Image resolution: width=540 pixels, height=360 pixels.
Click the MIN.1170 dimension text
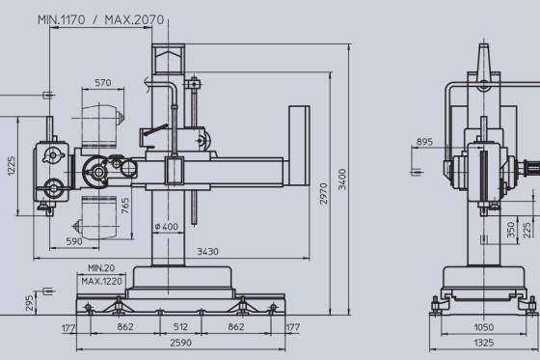(x=61, y=19)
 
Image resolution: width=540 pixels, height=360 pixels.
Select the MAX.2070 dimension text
(x=134, y=19)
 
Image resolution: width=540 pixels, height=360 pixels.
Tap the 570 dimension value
(x=103, y=83)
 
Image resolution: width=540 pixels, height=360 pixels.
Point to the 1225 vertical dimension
(x=12, y=166)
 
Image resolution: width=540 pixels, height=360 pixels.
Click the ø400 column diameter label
(x=166, y=227)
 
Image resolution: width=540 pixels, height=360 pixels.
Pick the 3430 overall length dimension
(x=207, y=251)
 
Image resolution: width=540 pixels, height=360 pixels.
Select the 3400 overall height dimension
(x=342, y=179)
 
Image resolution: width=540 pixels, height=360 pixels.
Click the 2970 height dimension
(x=323, y=193)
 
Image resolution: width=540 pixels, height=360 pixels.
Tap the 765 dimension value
(x=125, y=206)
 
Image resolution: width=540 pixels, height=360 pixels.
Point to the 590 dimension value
(x=74, y=241)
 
